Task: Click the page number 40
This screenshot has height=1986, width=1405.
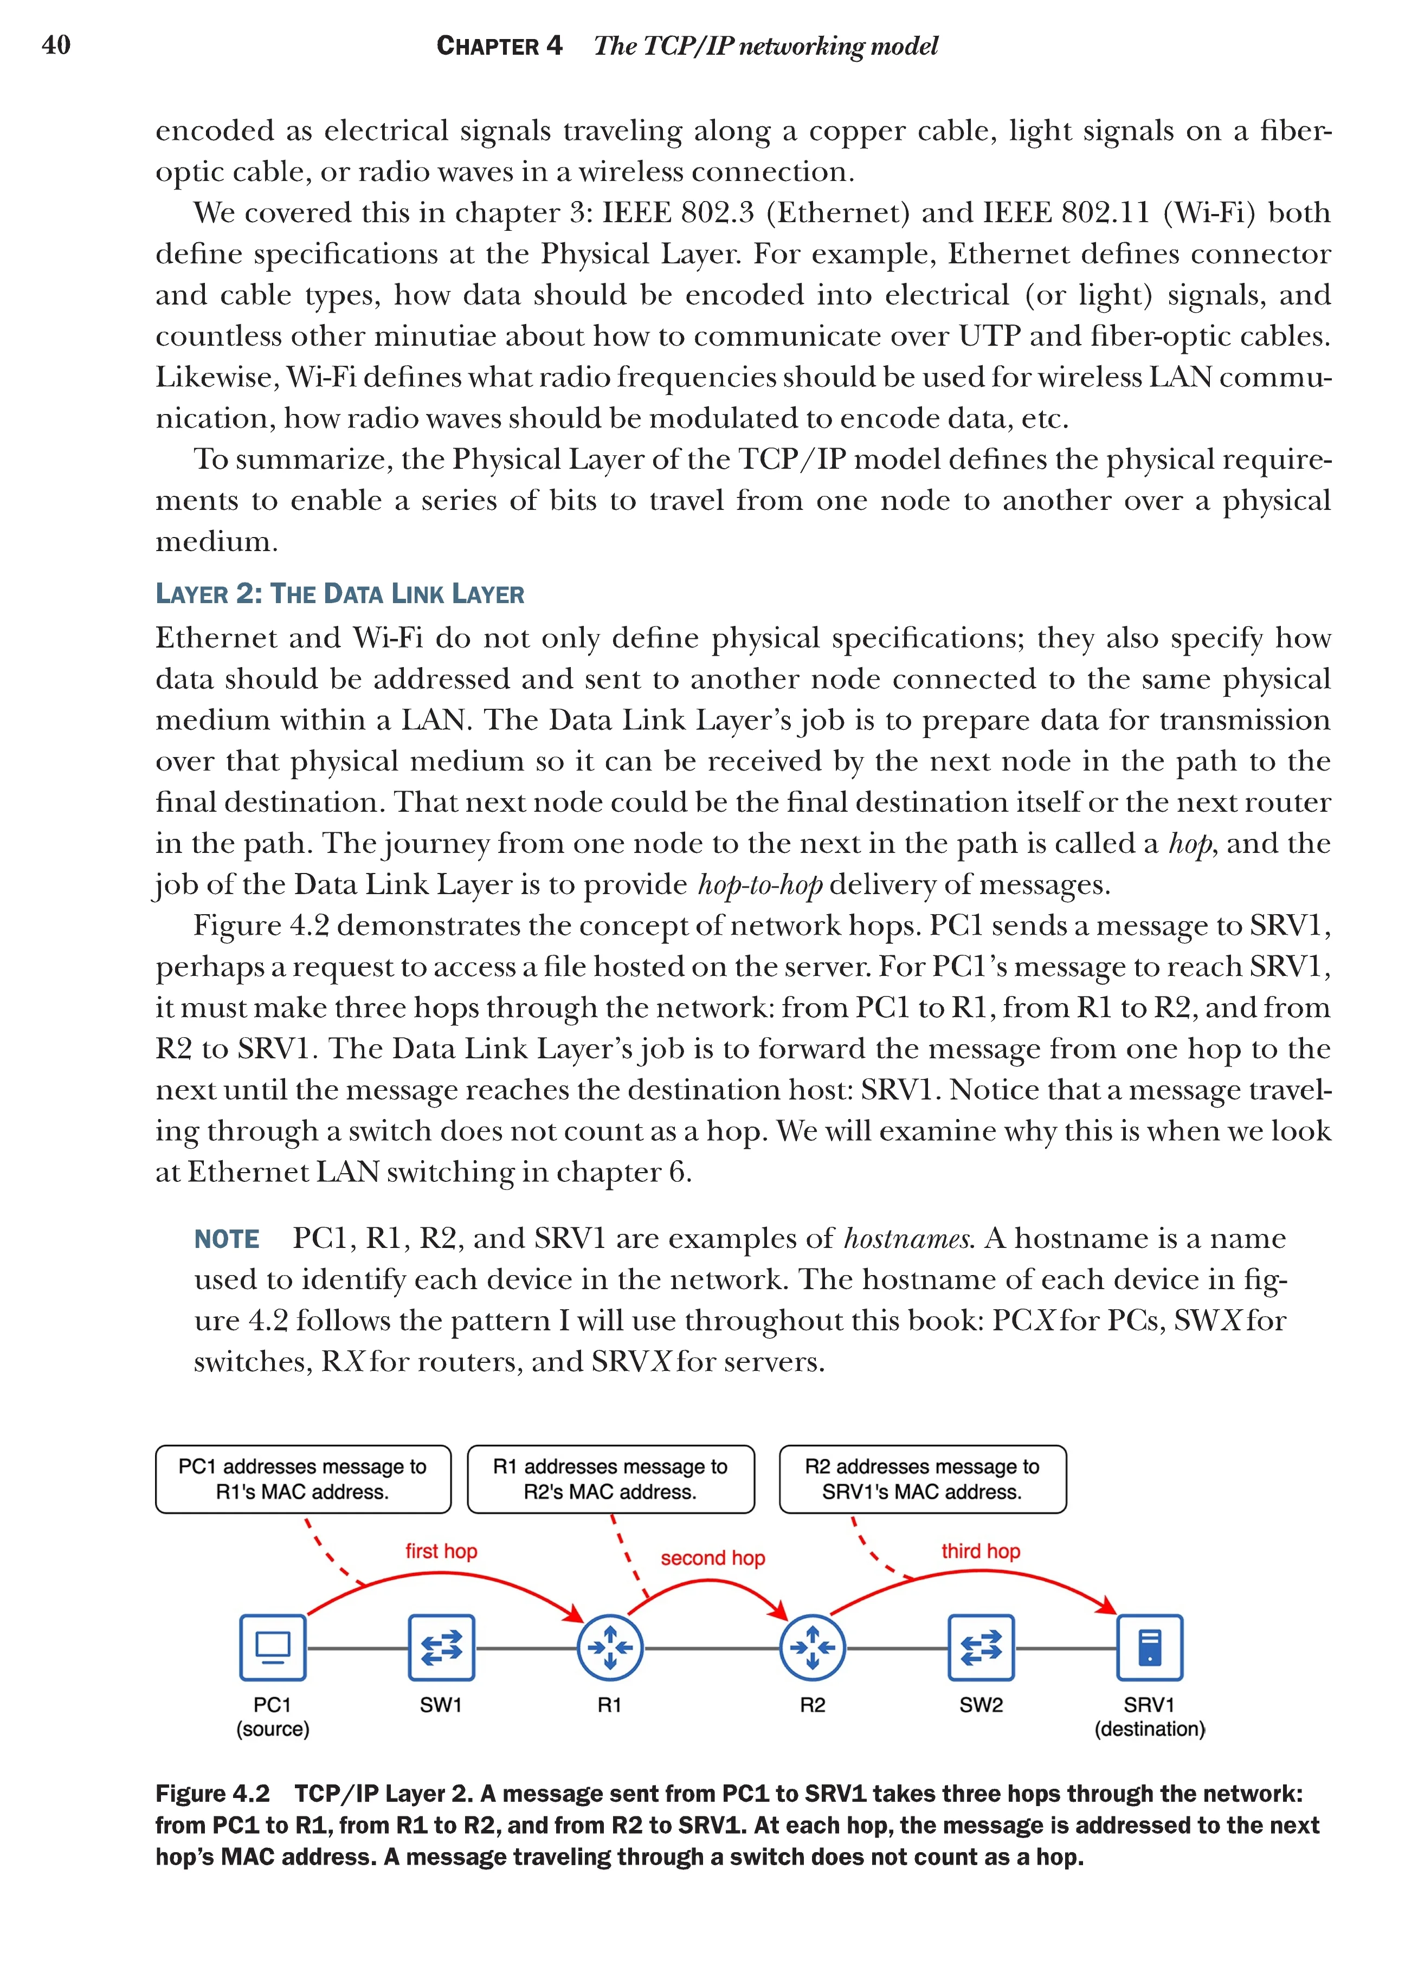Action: pos(56,45)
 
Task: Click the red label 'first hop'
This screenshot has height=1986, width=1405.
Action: pos(441,1551)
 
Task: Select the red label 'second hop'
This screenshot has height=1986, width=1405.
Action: pos(713,1558)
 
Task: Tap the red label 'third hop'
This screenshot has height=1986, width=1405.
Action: pos(981,1551)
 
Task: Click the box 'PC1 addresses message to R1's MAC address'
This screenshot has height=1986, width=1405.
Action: pos(303,1479)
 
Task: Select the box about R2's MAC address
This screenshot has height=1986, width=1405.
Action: pos(611,1479)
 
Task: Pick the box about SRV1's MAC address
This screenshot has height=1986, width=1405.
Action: pos(922,1479)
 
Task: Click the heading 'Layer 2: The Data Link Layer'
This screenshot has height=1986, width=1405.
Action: pos(340,594)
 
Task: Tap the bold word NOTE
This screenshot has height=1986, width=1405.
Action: pos(227,1239)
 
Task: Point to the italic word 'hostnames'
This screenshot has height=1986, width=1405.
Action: pos(908,1239)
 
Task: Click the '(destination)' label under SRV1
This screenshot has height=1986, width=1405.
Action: pos(1150,1729)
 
